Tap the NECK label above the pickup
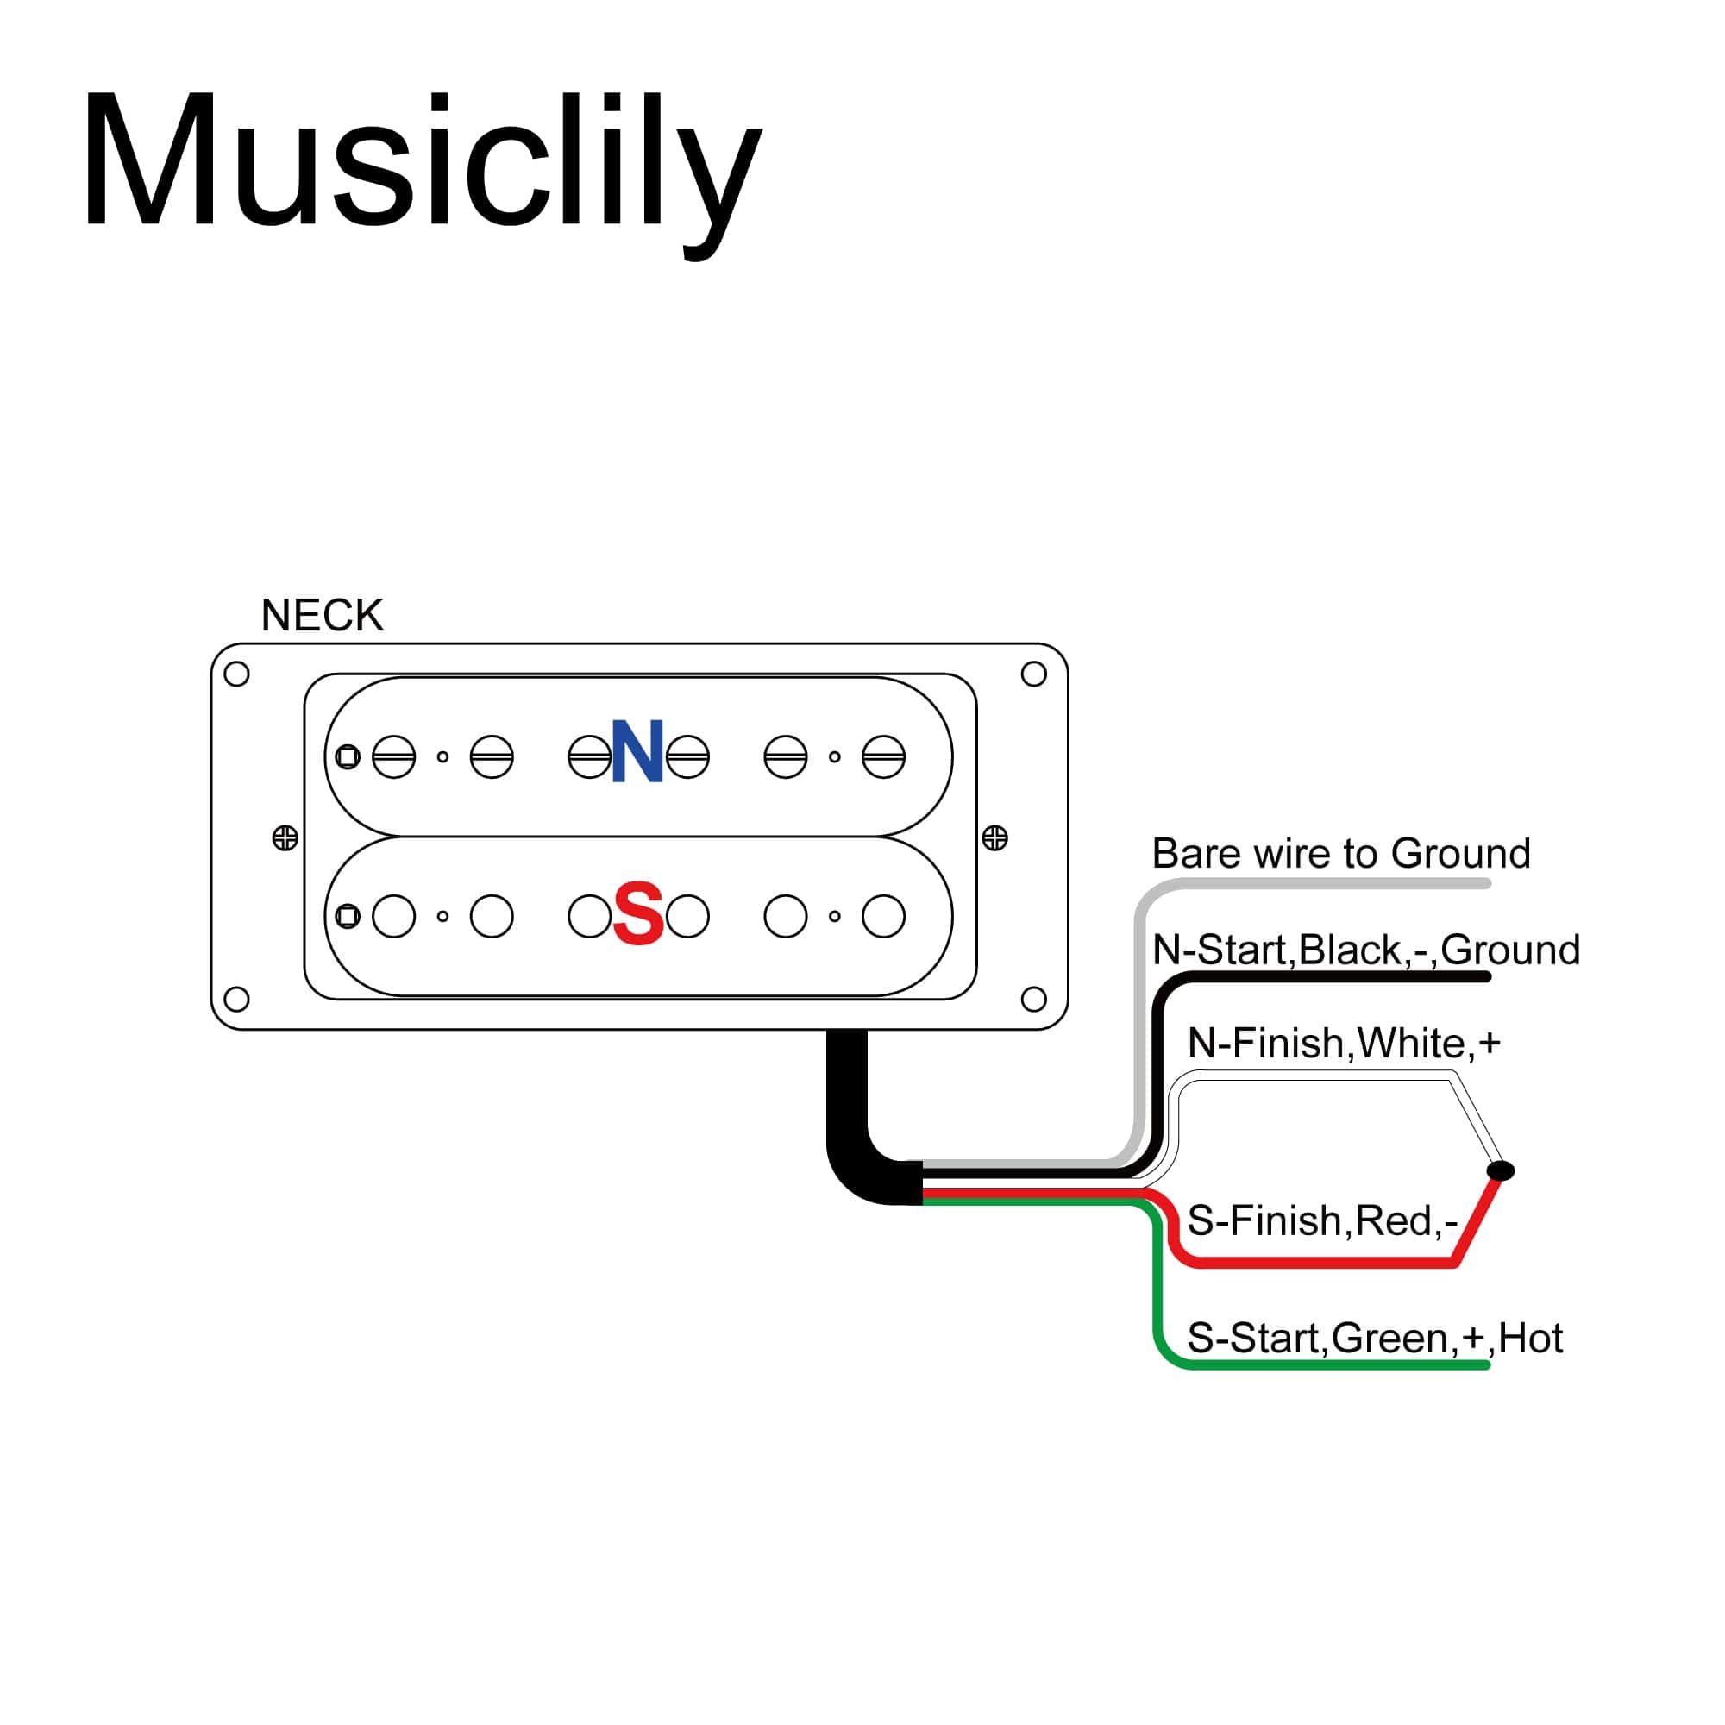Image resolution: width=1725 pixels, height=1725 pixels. tap(322, 615)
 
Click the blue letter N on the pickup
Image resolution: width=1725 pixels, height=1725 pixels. tap(637, 752)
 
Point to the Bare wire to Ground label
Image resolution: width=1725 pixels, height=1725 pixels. tap(1340, 854)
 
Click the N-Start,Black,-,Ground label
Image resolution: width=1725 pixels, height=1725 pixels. tap(1365, 949)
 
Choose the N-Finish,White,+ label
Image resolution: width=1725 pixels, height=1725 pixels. tap(1344, 1043)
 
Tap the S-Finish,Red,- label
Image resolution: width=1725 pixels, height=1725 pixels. tap(1321, 1220)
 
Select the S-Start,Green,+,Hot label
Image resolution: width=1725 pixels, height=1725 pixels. tap(1374, 1339)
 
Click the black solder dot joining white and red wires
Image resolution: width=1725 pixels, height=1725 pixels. tap(1501, 1170)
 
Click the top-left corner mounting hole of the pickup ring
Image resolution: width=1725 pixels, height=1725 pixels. tap(236, 674)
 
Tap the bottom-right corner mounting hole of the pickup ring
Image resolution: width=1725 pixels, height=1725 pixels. tap(1033, 999)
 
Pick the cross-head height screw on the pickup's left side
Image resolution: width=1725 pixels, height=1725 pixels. tap(285, 838)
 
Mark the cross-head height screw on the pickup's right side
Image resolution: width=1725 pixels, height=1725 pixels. tap(994, 837)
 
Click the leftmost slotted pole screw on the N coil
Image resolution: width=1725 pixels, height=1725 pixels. tap(394, 757)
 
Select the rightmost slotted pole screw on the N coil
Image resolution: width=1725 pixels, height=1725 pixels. tap(883, 757)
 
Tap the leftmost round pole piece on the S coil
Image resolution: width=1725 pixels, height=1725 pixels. tap(394, 916)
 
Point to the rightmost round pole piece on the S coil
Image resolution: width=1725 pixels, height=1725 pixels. tap(883, 916)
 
